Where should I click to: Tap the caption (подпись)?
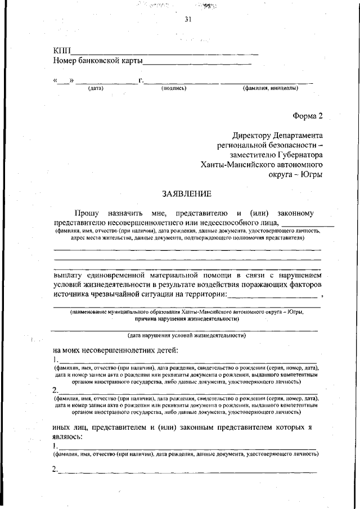click(x=174, y=88)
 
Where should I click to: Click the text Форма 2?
click(x=308, y=116)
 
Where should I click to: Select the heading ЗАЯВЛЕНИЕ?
click(x=186, y=194)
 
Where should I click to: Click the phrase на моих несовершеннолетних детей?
click(x=115, y=350)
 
